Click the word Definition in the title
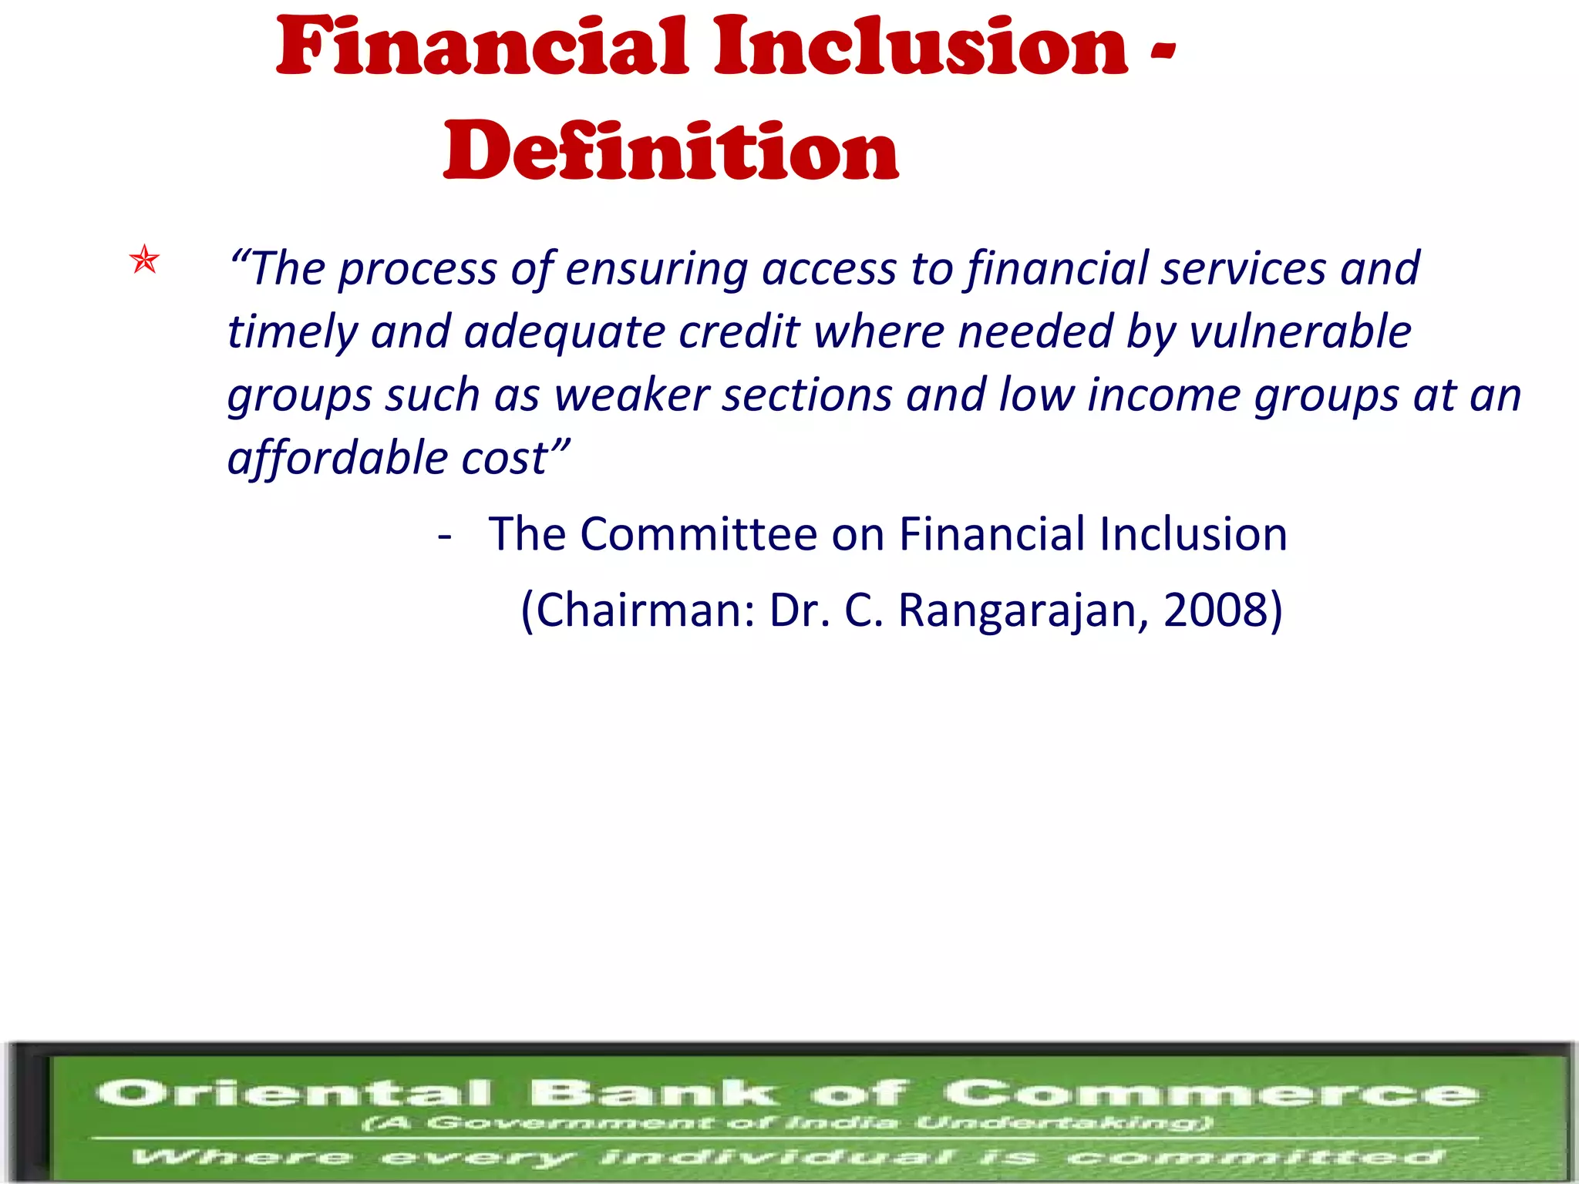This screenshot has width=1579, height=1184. coord(671,152)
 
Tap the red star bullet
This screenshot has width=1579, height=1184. coord(145,260)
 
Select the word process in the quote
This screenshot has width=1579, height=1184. coord(416,270)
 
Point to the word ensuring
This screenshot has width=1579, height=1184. coord(656,270)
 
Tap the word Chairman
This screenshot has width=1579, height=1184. coord(645,610)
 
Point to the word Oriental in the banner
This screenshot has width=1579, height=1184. coord(294,1092)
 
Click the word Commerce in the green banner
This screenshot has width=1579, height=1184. coord(1210,1092)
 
